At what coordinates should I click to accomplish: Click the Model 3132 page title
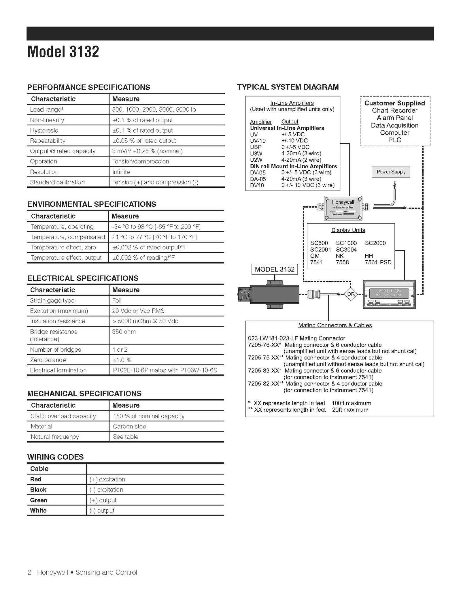point(63,52)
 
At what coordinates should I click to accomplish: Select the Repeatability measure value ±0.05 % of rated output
point(144,141)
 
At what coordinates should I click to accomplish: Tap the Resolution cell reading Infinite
point(121,172)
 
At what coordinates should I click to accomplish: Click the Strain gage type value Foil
point(117,300)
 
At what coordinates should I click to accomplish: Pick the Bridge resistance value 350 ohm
point(124,332)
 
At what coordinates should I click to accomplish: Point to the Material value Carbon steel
point(130,426)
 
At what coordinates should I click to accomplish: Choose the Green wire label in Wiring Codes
point(39,500)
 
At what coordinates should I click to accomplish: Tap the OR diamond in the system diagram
point(351,294)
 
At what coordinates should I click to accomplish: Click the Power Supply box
point(391,172)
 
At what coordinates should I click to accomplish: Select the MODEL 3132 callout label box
point(275,269)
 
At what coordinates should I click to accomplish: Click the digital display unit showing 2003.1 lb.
point(389,294)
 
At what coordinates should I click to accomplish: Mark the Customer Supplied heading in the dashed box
point(394,103)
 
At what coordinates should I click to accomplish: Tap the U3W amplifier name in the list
point(256,153)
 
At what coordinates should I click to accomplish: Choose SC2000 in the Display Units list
point(375,243)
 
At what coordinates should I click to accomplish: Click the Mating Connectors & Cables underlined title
point(335,325)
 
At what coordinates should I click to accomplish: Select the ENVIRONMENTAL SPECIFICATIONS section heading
point(91,204)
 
